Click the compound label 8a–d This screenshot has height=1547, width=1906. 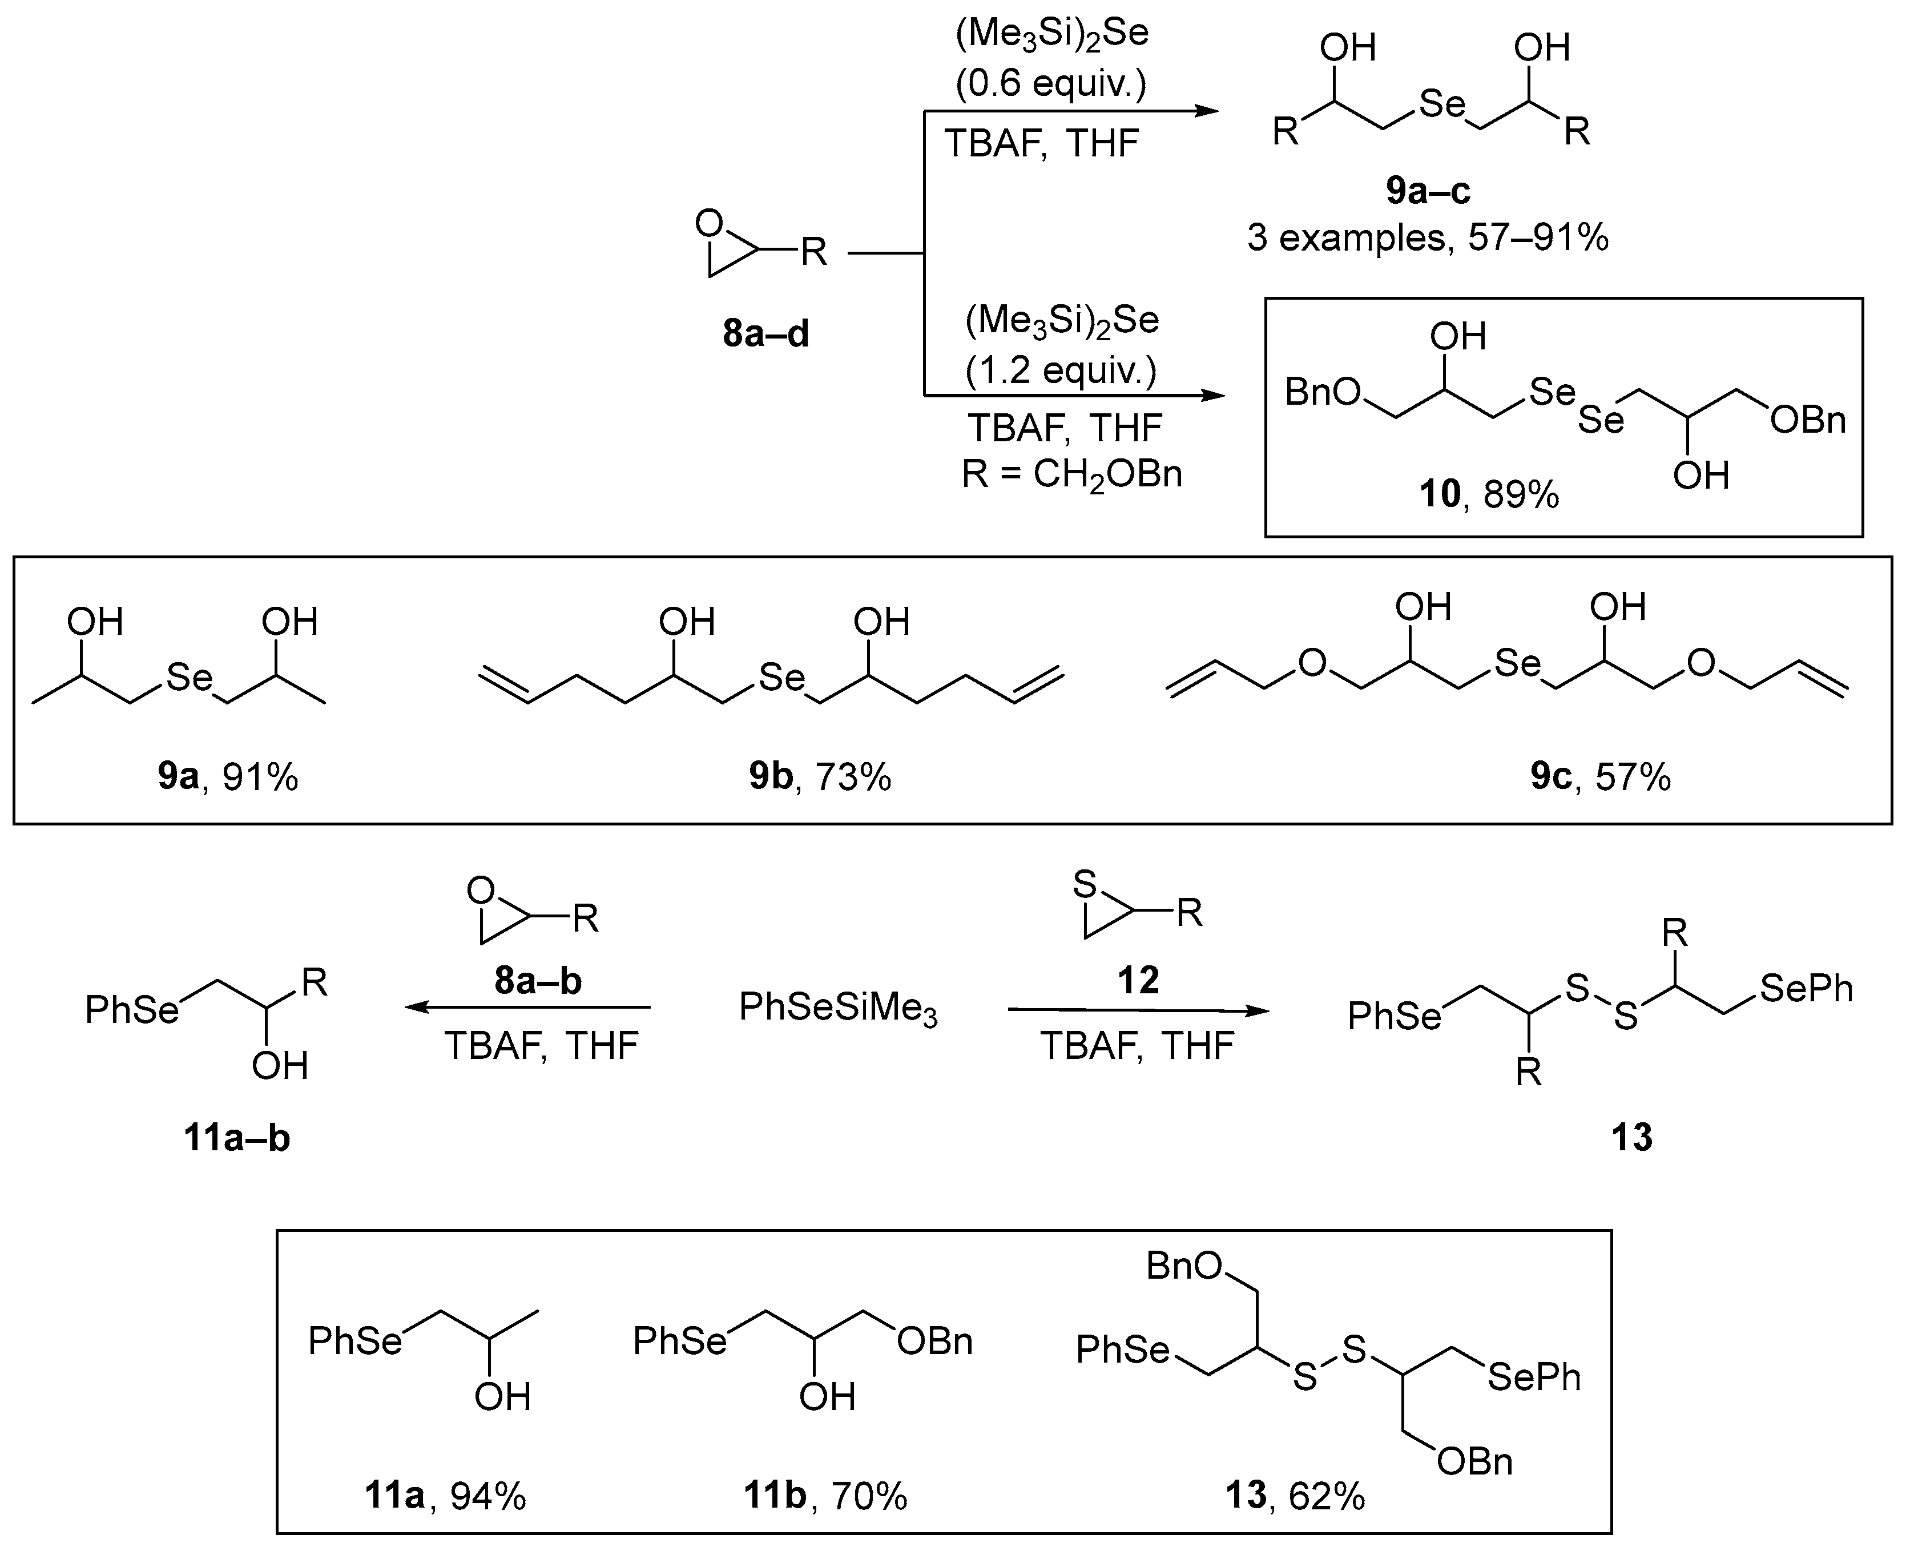pos(765,334)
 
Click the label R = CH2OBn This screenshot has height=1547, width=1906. pos(1072,474)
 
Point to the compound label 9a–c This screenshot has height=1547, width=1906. pos(1428,191)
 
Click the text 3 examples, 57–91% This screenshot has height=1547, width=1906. pos(1428,238)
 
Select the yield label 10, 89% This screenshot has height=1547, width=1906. pos(1489,494)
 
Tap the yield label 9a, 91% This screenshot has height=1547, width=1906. pos(228,777)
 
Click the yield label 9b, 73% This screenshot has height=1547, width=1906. pos(820,777)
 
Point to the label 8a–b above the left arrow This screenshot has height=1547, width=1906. pos(537,980)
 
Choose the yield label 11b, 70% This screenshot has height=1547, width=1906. pos(825,1496)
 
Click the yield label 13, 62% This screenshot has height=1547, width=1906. pos(1295,1496)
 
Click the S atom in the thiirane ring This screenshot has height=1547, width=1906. pos(1083,885)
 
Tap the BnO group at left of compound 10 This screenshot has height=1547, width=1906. pos(1323,392)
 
